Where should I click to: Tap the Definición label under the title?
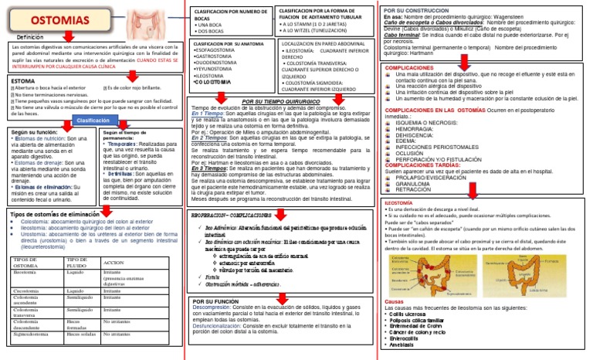click(x=30, y=37)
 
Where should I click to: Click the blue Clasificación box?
click(x=92, y=121)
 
